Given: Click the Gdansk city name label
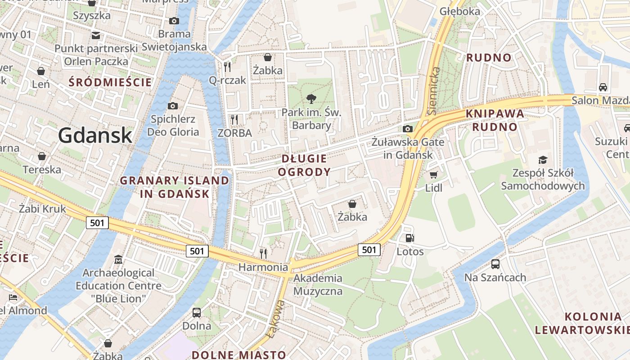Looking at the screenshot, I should pos(95,135).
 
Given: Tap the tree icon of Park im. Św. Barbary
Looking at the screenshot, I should pos(311,99).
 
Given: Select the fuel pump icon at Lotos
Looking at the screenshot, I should pos(409,238).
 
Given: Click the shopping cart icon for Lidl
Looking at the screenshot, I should pos(433,175).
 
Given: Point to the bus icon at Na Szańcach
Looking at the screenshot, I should pos(495,264).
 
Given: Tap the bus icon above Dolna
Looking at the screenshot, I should pos(197,312).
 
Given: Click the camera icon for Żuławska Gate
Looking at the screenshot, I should pos(408,129).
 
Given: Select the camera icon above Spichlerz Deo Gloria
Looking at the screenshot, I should pos(172,106).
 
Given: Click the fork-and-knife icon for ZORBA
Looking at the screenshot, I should pos(234,120).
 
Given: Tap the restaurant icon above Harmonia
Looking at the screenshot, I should pos(263,253).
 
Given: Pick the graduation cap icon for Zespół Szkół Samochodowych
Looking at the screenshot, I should pos(543,160).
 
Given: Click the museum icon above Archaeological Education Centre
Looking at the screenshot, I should pos(118,260).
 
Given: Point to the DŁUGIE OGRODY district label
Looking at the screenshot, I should pos(304,165).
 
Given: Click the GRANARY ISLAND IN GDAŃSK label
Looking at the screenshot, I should pos(175,187).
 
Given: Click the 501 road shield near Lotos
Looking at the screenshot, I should pos(369,249).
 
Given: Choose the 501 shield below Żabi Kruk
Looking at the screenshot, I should pos(97,222).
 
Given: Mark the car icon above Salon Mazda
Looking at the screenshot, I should pos(603,87).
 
